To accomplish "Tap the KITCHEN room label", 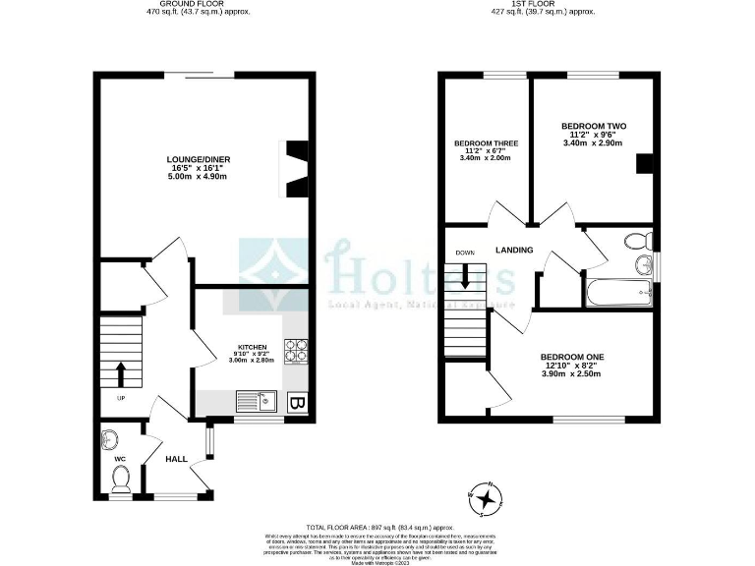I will coord(253,347).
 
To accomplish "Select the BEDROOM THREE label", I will coord(486,143).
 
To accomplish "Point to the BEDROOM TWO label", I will coord(594,127).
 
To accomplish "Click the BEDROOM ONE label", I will coord(571,357).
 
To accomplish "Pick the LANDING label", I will coord(514,250).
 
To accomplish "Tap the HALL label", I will coord(176,459).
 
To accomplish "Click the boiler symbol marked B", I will coord(297,403).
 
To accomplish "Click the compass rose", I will coord(485,499).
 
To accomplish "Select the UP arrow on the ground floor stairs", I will coord(121,374).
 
